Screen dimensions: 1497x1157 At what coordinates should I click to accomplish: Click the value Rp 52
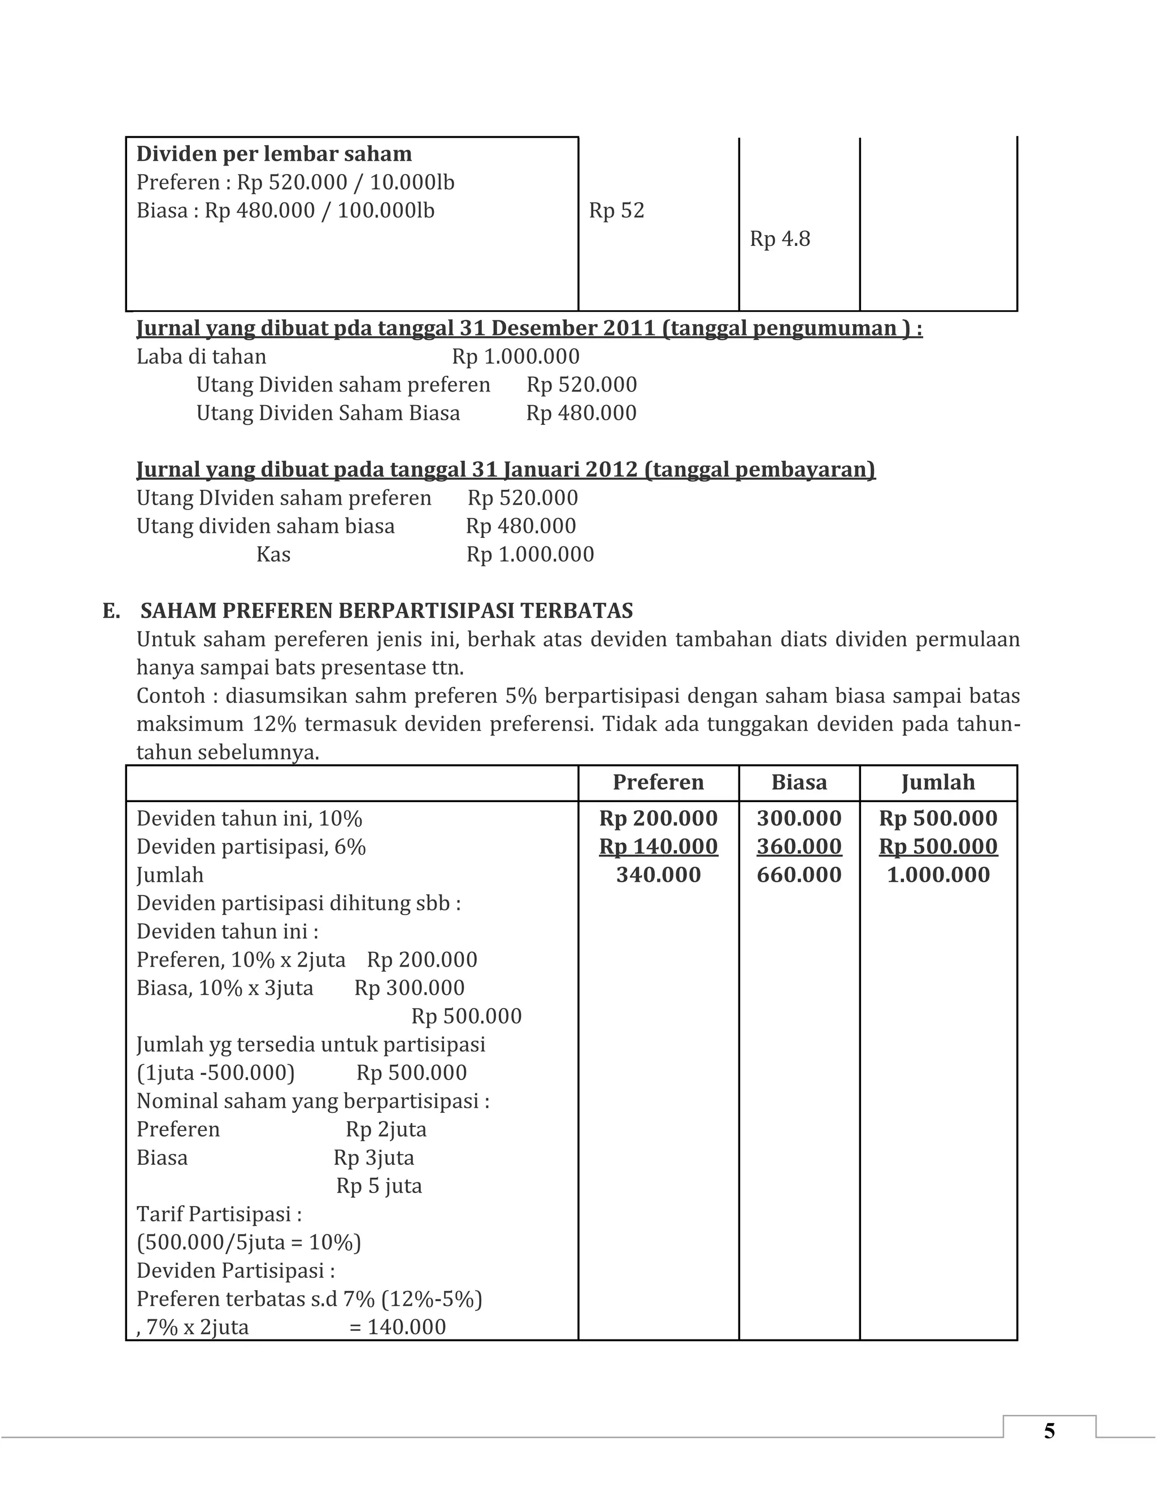tap(616, 211)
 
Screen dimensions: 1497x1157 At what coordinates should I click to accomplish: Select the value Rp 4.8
tap(779, 238)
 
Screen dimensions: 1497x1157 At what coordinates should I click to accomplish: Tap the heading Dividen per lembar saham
tap(273, 154)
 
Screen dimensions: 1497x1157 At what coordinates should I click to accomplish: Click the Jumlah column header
tap(938, 782)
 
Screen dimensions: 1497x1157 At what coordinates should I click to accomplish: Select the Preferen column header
tap(658, 782)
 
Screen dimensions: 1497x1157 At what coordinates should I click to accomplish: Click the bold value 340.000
tap(658, 874)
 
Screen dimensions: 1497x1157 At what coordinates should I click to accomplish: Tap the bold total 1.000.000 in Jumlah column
tap(938, 874)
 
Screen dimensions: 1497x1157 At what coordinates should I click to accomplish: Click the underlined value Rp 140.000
tap(658, 847)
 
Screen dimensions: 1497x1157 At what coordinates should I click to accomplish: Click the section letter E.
tap(111, 611)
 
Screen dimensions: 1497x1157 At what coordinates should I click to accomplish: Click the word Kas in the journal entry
tap(273, 554)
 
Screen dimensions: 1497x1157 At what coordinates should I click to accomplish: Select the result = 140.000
tap(398, 1327)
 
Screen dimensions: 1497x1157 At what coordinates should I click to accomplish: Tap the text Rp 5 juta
tap(379, 1186)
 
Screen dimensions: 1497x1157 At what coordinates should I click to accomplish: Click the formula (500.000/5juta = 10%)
tap(248, 1242)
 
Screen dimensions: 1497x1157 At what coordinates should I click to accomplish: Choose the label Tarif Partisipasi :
tap(219, 1214)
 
